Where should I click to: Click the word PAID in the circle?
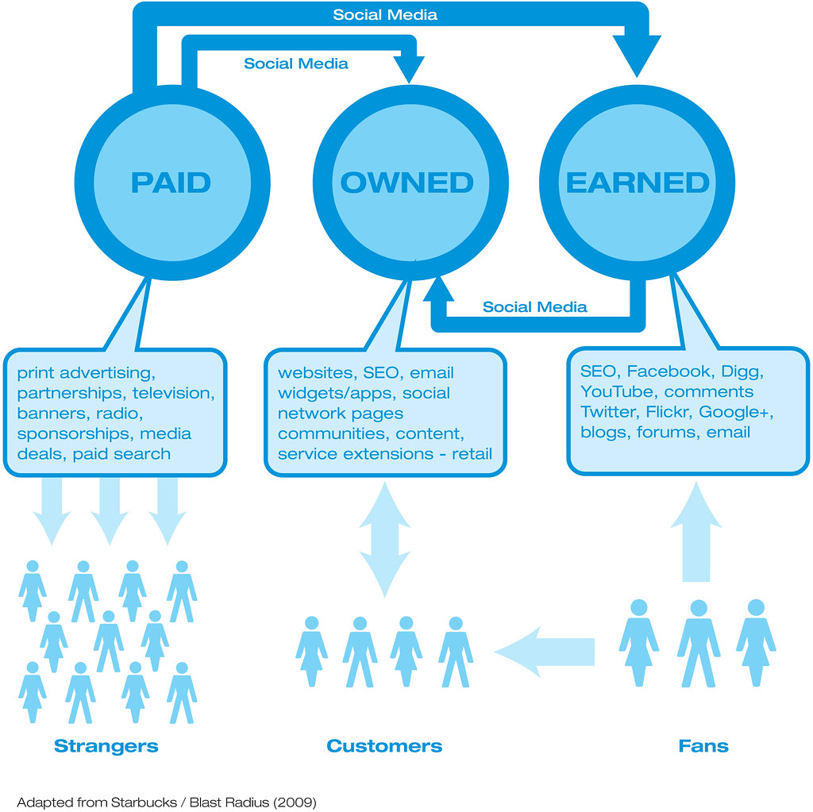coord(171,183)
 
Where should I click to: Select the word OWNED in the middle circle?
coord(406,183)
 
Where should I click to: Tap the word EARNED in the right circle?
coord(638,183)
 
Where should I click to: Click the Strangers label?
coord(106,746)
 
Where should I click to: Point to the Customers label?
coord(384,746)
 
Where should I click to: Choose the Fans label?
coord(703,746)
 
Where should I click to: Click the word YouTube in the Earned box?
coord(618,391)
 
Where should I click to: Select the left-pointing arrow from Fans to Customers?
coord(544,652)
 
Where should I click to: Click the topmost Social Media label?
coord(385,15)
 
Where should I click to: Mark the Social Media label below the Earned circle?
coord(535,307)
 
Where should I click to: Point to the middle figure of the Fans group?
coord(698,643)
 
